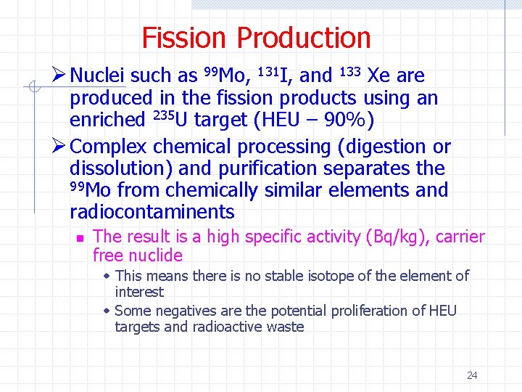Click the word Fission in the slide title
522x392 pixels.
tap(186, 38)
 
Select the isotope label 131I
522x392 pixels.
tap(275, 75)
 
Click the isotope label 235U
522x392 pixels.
tap(170, 119)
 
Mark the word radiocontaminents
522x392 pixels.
tap(152, 212)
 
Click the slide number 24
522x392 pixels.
tap(472, 375)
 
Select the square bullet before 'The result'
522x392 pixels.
tap(81, 237)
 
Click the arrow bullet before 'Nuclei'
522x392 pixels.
tap(60, 75)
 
